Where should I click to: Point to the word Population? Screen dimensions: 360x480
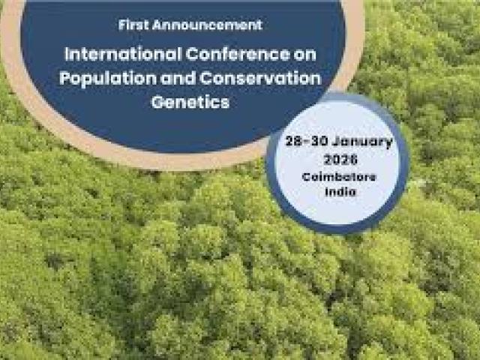click(102, 79)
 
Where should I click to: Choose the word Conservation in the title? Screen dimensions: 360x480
click(259, 79)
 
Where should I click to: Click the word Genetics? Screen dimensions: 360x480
click(190, 102)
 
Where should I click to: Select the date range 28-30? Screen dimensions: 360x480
click(301, 142)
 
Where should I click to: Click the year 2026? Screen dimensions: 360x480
click(340, 160)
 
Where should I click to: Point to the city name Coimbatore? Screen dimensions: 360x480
click(340, 177)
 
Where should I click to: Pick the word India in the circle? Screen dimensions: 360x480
click(340, 193)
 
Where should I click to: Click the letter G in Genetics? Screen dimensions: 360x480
click(157, 102)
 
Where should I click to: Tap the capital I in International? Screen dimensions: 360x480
click(67, 55)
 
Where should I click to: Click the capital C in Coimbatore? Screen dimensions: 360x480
click(306, 177)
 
